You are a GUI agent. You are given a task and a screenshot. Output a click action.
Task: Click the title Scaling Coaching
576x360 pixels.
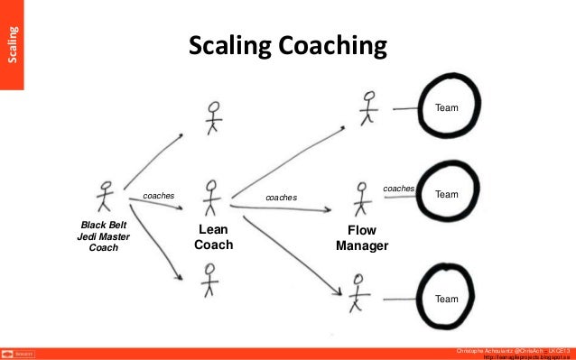pyautogui.click(x=287, y=45)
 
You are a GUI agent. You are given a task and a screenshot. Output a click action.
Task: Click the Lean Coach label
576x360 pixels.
pyautogui.click(x=214, y=238)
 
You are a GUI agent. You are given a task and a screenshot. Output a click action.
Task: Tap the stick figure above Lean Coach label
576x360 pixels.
pyautogui.click(x=211, y=197)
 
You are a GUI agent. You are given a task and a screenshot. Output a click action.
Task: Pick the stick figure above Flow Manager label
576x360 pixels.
pyautogui.click(x=362, y=198)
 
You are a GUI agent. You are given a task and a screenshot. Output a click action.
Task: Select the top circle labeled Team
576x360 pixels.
pyautogui.click(x=447, y=108)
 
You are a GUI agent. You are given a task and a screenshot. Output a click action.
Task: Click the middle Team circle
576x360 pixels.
pyautogui.click(x=447, y=194)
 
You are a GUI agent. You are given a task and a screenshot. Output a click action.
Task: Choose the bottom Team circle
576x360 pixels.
pyautogui.click(x=447, y=297)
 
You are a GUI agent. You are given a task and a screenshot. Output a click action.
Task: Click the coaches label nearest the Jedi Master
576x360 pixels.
pyautogui.click(x=158, y=195)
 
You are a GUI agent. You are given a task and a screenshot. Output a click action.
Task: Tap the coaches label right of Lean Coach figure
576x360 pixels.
pyautogui.click(x=280, y=197)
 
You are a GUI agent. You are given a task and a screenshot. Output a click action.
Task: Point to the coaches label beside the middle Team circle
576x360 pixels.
pyautogui.click(x=398, y=189)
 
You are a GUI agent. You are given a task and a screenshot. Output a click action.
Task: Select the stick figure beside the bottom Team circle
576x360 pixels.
pyautogui.click(x=358, y=291)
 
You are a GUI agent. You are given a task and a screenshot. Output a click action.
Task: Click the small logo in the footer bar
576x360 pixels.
pyautogui.click(x=18, y=354)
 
